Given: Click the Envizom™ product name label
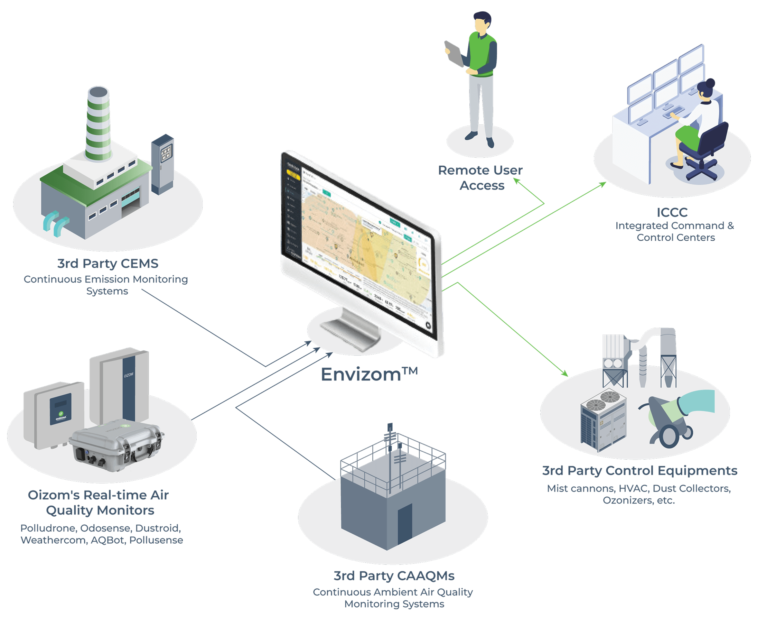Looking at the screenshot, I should tap(369, 375).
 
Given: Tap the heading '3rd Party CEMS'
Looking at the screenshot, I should tap(108, 263).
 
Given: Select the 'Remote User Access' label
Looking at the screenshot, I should tap(480, 178).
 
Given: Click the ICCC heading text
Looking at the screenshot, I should tap(672, 212).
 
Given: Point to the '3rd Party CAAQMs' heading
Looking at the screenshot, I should tap(394, 575).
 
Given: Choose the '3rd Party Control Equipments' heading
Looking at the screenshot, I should tap(640, 471).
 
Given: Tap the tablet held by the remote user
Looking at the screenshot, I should tap(454, 54).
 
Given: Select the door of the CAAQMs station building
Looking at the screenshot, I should tap(405, 524).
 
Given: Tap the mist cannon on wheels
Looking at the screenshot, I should tap(671, 420).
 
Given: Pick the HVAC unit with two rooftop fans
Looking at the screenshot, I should tap(604, 421).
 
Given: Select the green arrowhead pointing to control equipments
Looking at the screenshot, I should tap(564, 373).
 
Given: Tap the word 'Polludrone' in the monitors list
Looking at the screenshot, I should tap(48, 528).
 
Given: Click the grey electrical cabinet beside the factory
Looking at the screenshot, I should tap(162, 164).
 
